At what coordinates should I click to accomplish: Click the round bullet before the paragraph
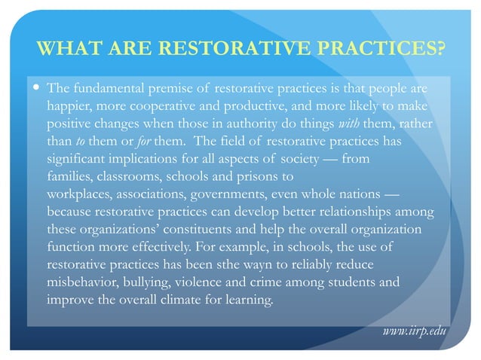[35, 89]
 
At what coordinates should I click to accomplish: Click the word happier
[69, 106]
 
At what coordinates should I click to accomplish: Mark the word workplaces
[79, 193]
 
